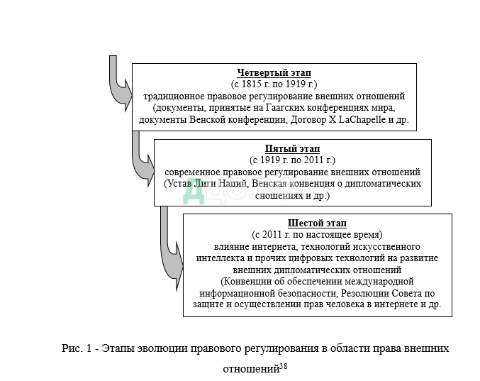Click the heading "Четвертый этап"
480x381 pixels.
click(x=274, y=73)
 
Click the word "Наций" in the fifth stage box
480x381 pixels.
click(x=234, y=183)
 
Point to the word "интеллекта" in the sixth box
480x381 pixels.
click(x=221, y=258)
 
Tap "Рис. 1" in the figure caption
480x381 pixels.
click(x=74, y=349)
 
